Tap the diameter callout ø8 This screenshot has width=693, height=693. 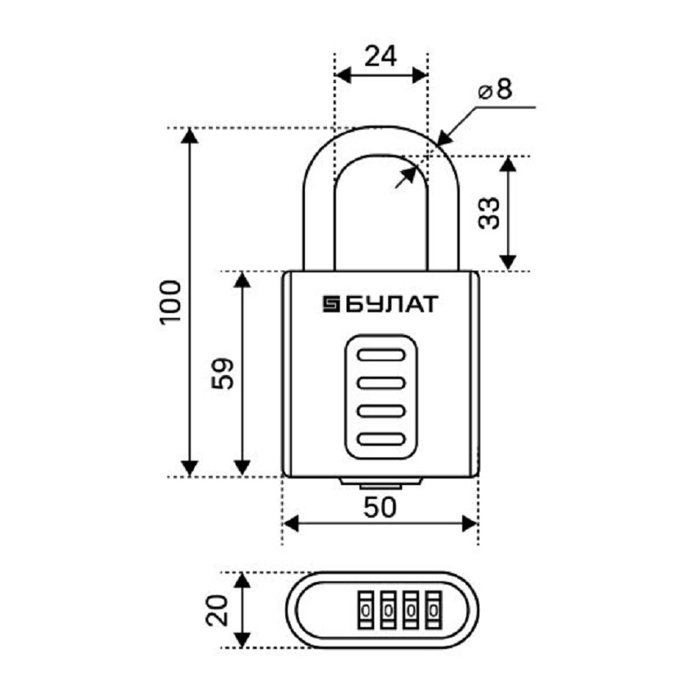[495, 90]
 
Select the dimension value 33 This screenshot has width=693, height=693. [488, 214]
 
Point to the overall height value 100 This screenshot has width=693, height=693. [169, 302]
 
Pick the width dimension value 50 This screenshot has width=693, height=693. [380, 507]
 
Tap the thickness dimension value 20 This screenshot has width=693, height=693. [215, 610]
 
